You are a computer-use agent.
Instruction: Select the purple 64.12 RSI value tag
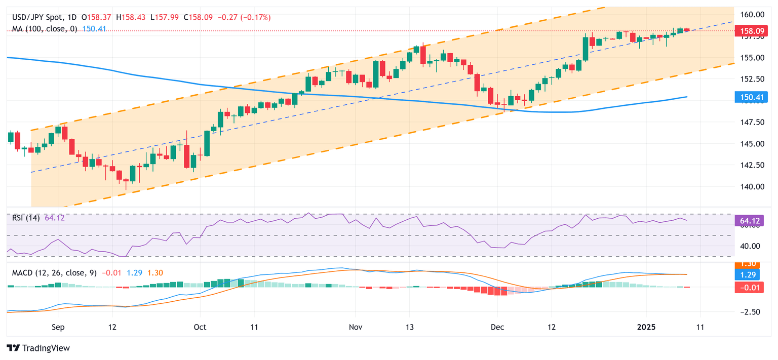pos(749,220)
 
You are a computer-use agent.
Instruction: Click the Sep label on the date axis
pos(58,327)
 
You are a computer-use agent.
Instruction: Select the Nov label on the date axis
pos(356,327)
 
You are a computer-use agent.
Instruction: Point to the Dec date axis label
pos(497,327)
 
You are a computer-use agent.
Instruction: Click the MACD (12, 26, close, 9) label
pos(54,273)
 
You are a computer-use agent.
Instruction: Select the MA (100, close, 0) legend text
pos(45,29)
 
